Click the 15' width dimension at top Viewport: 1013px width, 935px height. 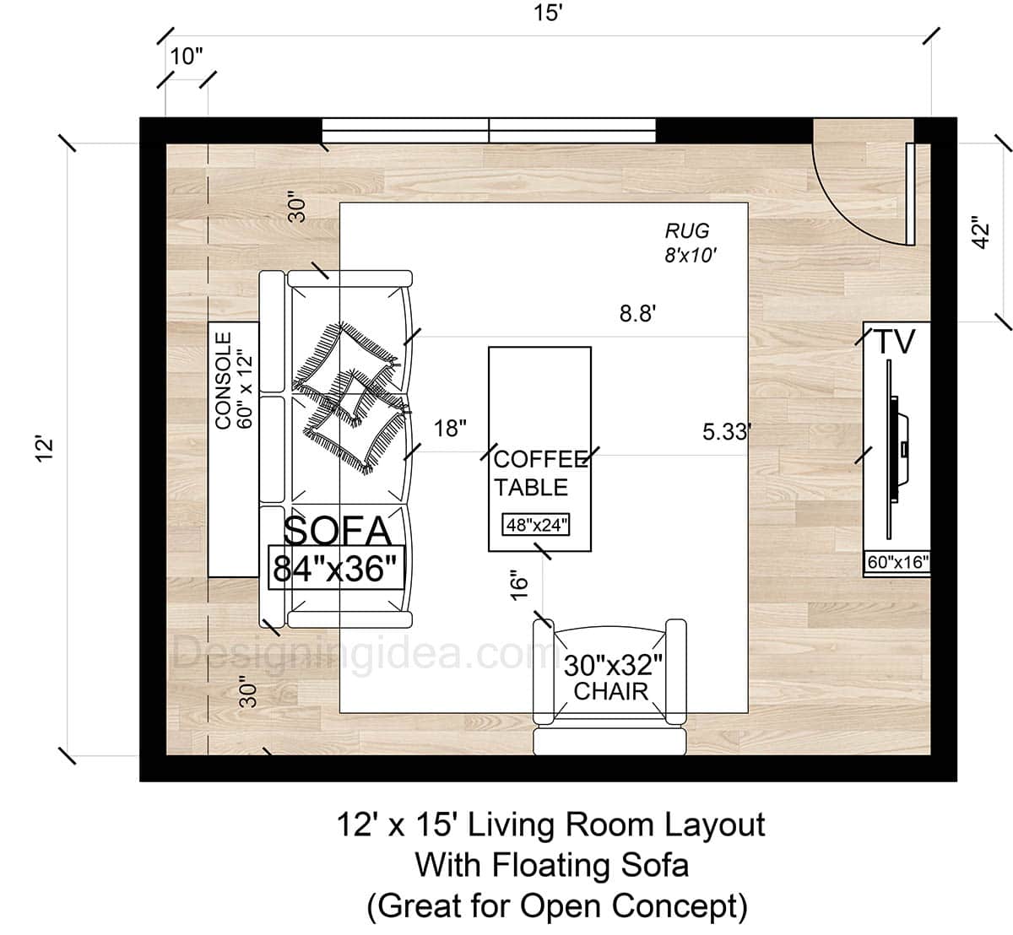(x=547, y=14)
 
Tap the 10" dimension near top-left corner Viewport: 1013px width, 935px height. (x=187, y=57)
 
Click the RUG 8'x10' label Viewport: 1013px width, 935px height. (x=688, y=241)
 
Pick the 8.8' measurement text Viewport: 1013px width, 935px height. (x=638, y=314)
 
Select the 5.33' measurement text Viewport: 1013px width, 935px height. (x=726, y=432)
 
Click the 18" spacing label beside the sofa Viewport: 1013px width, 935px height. (x=450, y=429)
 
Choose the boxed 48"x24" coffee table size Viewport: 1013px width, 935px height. (x=537, y=525)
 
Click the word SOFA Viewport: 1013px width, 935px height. (x=338, y=531)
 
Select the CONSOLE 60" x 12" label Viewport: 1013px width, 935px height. (x=234, y=380)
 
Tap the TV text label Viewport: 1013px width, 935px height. (x=894, y=342)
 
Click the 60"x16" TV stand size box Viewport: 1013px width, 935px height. (x=897, y=561)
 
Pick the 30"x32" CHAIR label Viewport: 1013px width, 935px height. (x=611, y=678)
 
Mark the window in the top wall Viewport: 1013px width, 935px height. (x=489, y=130)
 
